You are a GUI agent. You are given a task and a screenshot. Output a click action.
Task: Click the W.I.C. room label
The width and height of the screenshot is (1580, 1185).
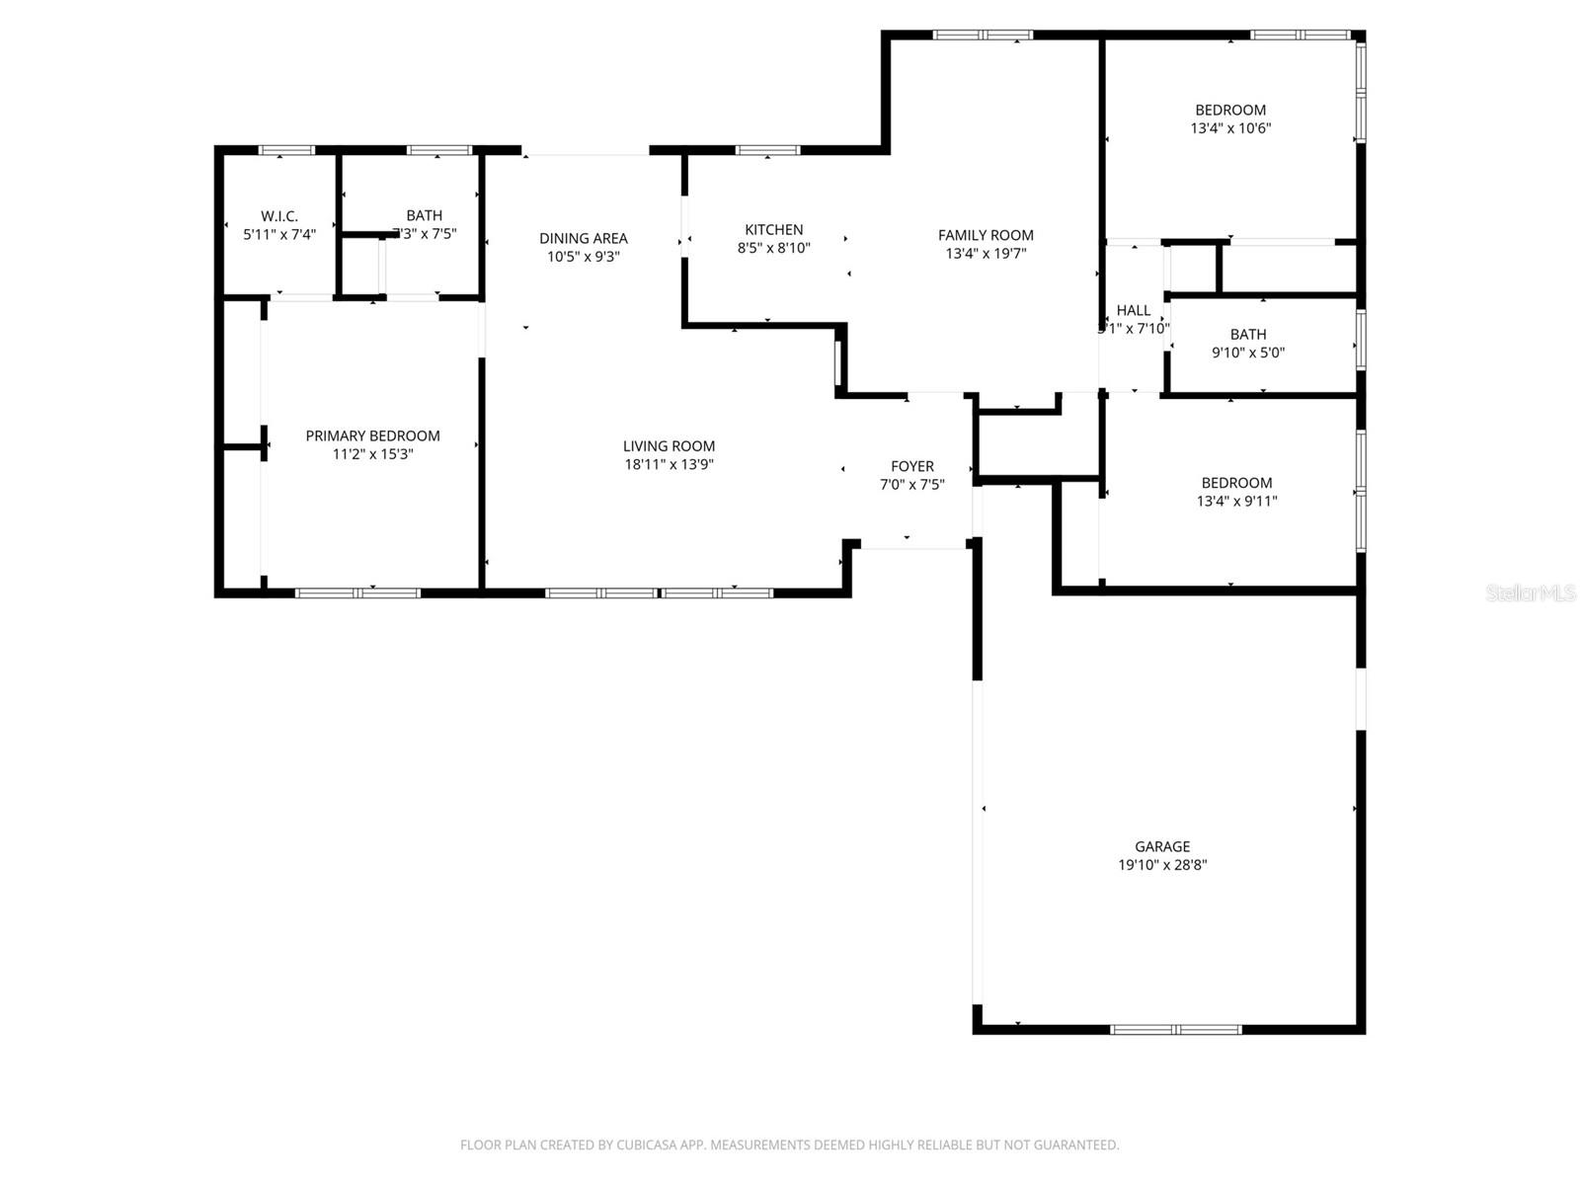click(279, 216)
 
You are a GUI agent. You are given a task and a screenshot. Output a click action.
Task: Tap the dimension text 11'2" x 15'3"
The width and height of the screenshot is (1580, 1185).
click(372, 454)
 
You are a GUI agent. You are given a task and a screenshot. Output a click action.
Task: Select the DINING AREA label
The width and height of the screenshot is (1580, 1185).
click(583, 238)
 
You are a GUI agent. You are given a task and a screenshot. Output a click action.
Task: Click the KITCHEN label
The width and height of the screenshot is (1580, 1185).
click(773, 230)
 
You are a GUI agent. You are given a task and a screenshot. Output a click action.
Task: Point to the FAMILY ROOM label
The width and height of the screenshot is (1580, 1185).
click(986, 235)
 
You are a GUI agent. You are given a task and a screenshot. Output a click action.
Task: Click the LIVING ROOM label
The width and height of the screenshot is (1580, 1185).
click(669, 446)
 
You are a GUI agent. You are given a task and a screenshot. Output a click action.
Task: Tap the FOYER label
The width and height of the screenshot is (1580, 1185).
click(911, 466)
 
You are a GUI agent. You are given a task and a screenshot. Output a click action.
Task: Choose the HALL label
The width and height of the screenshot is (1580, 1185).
click(1133, 310)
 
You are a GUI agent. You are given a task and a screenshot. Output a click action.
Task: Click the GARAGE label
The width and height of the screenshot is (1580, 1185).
click(1161, 846)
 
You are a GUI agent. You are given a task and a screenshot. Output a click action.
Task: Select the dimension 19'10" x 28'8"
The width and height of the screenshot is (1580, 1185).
click(1161, 865)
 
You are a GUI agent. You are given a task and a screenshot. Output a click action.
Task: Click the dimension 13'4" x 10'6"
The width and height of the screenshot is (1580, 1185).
click(1230, 128)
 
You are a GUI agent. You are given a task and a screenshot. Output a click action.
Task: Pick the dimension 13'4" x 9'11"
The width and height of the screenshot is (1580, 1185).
click(1236, 501)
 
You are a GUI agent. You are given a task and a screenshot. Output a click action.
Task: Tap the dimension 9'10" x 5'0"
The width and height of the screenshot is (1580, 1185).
click(1248, 353)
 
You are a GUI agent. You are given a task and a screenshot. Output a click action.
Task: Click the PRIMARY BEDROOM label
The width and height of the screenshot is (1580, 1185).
click(372, 435)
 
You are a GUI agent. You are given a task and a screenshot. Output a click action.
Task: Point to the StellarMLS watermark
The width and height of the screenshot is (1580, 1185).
click(1530, 593)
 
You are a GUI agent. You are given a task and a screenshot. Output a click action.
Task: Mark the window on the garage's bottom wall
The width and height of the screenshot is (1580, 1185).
click(1175, 1029)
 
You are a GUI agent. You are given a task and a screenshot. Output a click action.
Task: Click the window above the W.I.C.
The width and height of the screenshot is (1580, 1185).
click(286, 151)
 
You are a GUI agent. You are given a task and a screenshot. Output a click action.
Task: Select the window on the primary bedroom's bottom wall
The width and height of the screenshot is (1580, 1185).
click(357, 592)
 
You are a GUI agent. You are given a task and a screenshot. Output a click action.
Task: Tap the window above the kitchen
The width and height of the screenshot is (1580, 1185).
click(767, 151)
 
